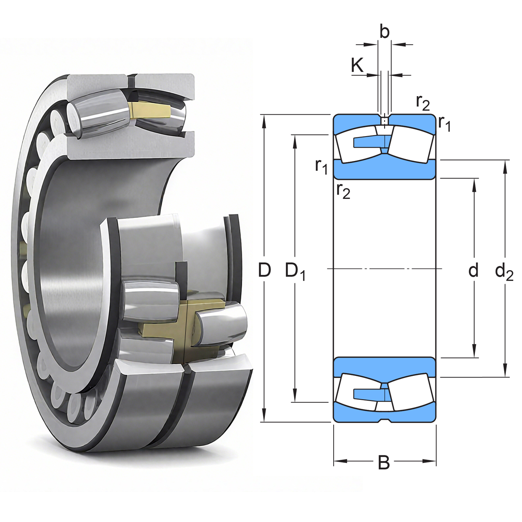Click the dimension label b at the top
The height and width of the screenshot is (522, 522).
[x=384, y=32]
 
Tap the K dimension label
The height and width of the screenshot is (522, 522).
[x=357, y=66]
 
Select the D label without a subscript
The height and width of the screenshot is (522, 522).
[x=264, y=270]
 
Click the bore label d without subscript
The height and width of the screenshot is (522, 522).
[x=473, y=270]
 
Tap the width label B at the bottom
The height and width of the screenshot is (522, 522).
[x=384, y=463]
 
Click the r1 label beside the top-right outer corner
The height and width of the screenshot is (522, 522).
[x=444, y=123]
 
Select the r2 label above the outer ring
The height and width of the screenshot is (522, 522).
[x=422, y=103]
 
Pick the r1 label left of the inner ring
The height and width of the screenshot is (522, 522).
[x=321, y=166]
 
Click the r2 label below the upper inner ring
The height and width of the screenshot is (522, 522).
[x=343, y=191]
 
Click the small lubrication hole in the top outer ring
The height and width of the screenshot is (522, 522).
[x=384, y=120]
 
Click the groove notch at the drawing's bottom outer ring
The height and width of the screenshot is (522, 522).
[x=384, y=421]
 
